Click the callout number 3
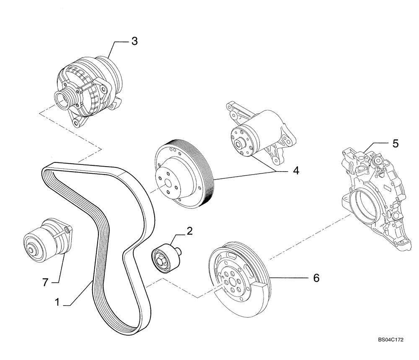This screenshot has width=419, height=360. [134, 41]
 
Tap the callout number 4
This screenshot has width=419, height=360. [296, 171]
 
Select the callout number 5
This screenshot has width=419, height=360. [396, 144]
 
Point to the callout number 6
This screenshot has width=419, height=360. [316, 278]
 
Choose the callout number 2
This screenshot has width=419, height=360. [189, 231]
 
